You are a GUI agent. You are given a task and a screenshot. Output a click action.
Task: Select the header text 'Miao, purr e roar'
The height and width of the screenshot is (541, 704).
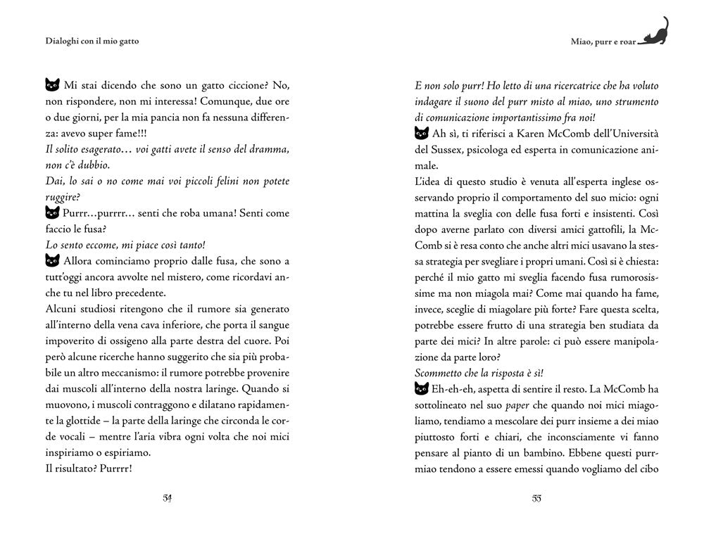(603, 42)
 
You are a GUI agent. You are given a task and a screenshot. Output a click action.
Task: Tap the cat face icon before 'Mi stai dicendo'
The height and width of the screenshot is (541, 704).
(51, 85)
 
